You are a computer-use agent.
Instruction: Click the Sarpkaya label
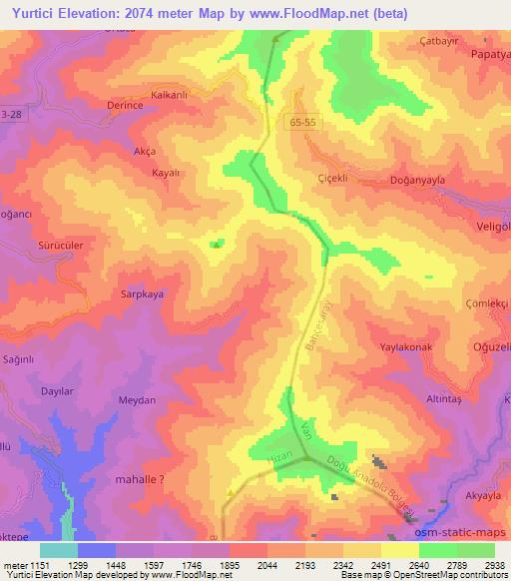pyautogui.click(x=142, y=295)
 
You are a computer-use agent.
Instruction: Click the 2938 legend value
pyautogui.click(x=494, y=563)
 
